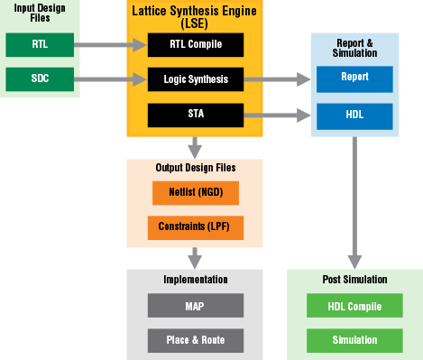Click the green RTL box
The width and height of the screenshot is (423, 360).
40,43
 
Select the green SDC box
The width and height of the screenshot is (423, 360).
40,78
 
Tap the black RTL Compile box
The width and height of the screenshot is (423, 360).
196,43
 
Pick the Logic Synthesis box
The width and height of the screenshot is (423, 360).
196,79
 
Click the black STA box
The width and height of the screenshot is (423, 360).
196,115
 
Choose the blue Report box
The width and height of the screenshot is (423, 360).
354,78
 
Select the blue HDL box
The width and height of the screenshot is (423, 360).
354,115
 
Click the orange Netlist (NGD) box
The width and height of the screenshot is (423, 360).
195,192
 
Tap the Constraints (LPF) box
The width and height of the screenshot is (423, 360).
195,226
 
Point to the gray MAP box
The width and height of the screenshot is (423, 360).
195,306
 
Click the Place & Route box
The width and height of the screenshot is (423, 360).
195,340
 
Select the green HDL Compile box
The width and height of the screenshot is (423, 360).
354,306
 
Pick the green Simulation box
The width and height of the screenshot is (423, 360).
354,340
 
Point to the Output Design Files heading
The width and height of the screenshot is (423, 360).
195,167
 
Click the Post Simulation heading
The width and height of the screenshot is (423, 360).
354,281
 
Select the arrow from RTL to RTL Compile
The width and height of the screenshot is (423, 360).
113,43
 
